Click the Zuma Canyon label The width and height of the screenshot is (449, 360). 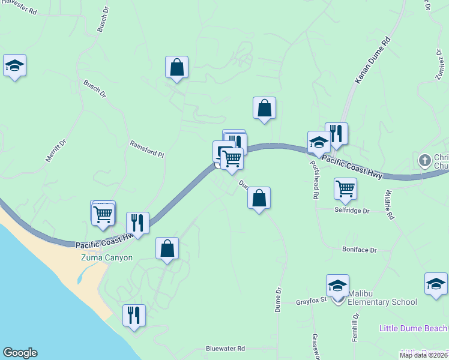click(x=107, y=257)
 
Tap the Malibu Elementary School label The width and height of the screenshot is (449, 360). click(x=382, y=301)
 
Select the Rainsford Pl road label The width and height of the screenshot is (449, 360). click(x=147, y=149)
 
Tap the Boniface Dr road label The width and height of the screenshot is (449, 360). click(x=359, y=250)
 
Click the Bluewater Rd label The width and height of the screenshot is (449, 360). click(x=225, y=348)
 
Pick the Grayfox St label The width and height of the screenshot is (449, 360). click(x=310, y=301)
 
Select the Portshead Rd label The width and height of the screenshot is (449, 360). click(x=313, y=179)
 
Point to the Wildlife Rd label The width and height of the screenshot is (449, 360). click(x=388, y=205)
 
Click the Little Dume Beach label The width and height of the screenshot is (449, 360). click(x=414, y=328)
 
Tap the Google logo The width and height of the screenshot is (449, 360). click(x=19, y=353)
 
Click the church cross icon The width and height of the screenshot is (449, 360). click(x=424, y=160)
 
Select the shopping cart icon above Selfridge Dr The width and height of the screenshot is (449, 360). click(x=345, y=188)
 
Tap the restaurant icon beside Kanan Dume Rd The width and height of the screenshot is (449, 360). click(x=336, y=134)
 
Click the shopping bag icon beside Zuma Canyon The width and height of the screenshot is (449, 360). click(x=167, y=248)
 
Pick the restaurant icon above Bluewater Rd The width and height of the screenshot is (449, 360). click(x=134, y=315)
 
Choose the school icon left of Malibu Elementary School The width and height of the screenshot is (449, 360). click(x=337, y=286)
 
